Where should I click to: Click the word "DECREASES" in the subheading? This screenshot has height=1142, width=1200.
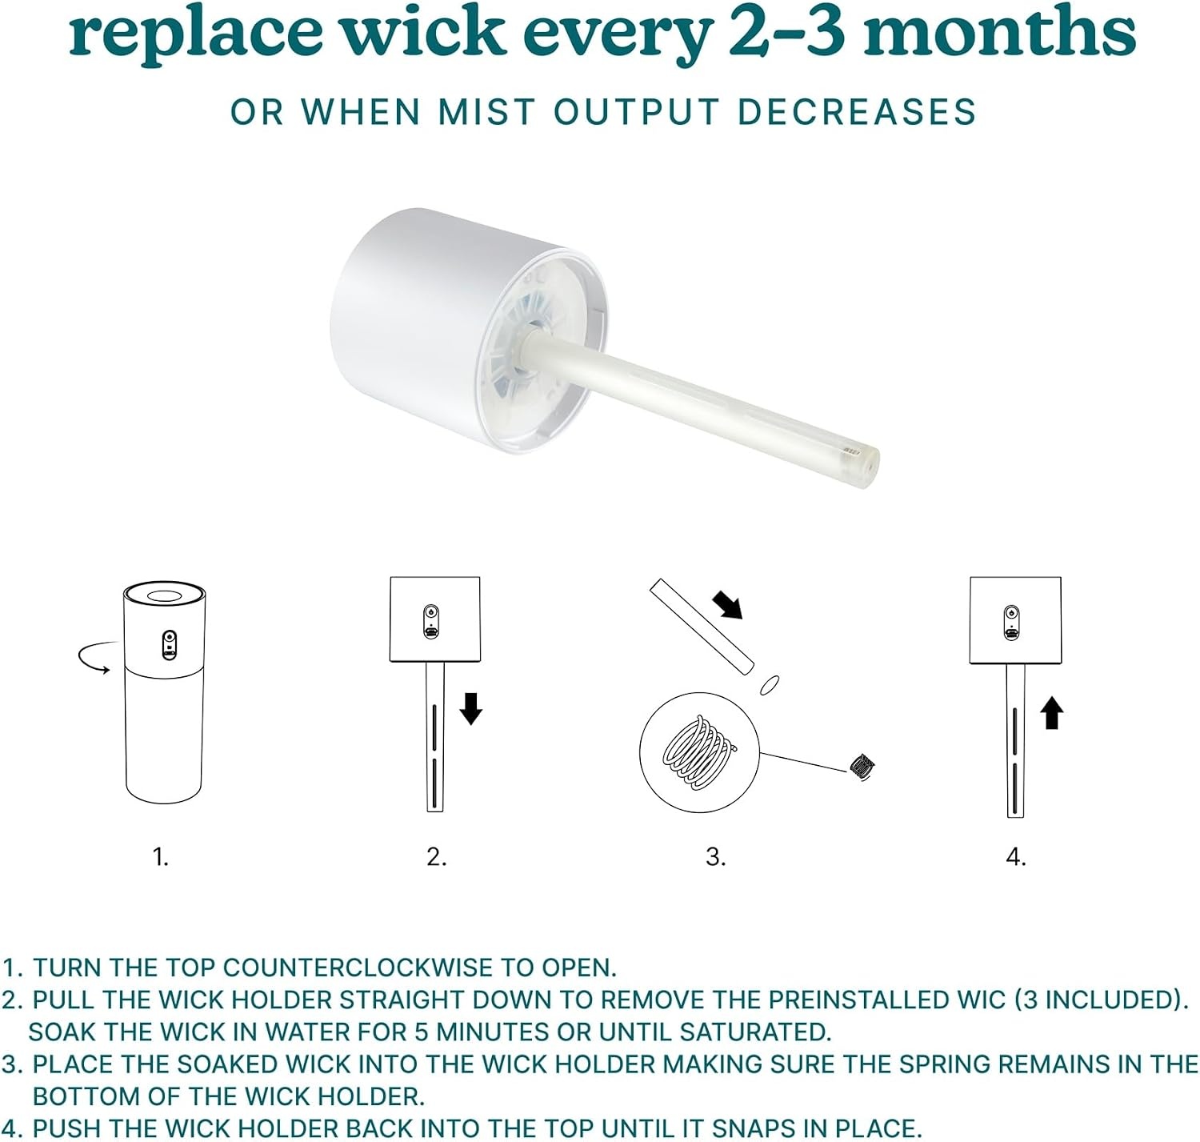858,112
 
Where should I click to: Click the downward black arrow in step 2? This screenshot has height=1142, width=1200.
470,708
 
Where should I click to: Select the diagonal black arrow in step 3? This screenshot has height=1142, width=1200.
727,604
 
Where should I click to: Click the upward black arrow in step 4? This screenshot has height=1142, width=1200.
1051,713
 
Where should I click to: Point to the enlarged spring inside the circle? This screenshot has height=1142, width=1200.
699,752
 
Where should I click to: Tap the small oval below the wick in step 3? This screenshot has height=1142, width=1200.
769,684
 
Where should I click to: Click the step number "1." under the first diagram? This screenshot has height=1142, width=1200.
161,857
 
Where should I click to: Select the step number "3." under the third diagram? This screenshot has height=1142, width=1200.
715,857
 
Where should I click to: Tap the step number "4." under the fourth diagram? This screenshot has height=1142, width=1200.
1016,857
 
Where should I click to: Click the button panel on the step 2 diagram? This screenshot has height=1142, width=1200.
431,622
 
